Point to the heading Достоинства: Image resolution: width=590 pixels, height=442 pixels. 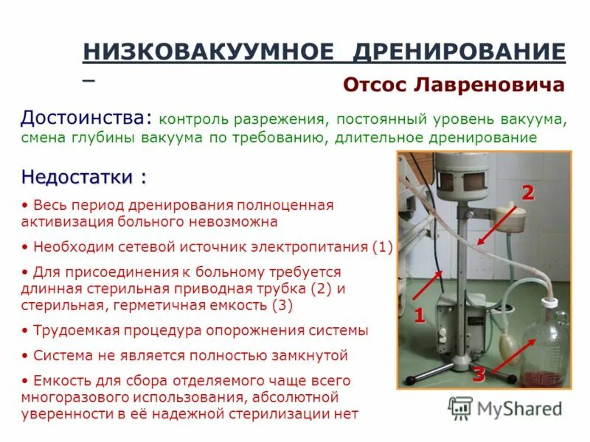point(87,118)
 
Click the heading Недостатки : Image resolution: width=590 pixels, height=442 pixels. point(83,178)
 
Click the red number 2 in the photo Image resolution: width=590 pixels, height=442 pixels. point(527,194)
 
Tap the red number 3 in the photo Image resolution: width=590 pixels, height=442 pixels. point(478,374)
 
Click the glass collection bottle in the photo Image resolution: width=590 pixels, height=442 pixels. point(546,346)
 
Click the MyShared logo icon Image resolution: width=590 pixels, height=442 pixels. point(461,407)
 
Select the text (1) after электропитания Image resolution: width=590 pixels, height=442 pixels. point(383,247)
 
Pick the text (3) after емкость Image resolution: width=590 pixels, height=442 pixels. point(283,304)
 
